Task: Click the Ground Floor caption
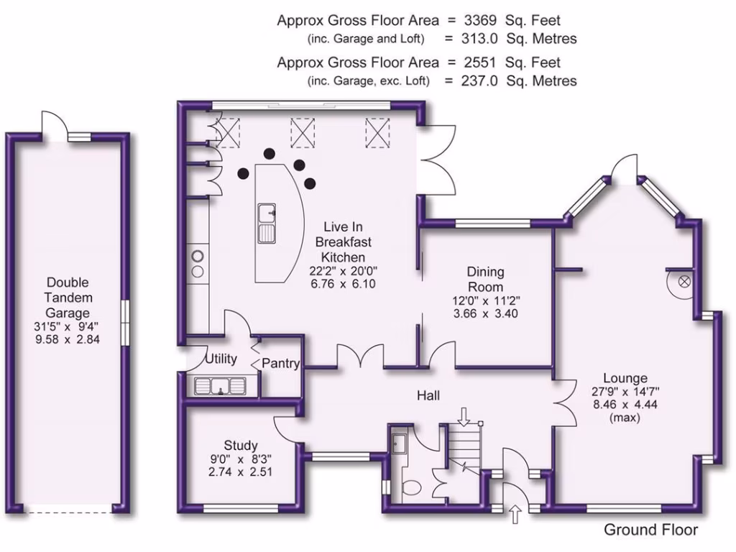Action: pyautogui.click(x=650, y=530)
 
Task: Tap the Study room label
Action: pyautogui.click(x=240, y=446)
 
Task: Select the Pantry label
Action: pyautogui.click(x=280, y=364)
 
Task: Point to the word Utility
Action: pyautogui.click(x=221, y=359)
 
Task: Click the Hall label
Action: pyautogui.click(x=428, y=395)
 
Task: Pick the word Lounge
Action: pyautogui.click(x=625, y=378)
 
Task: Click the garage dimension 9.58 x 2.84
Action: pyautogui.click(x=68, y=340)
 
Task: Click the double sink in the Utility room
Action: pyautogui.click(x=220, y=387)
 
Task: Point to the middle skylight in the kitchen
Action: pyautogui.click(x=303, y=132)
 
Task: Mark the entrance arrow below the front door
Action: pyautogui.click(x=515, y=514)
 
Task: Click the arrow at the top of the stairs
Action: pyautogui.click(x=463, y=415)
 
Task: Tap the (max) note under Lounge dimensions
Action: pyautogui.click(x=624, y=418)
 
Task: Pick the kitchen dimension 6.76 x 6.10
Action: pyautogui.click(x=343, y=284)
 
